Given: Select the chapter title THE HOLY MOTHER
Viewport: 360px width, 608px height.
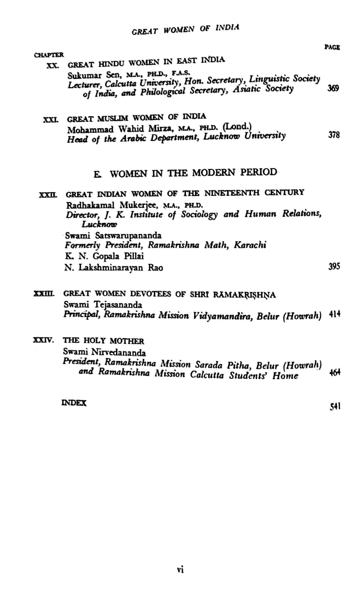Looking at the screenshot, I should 104,341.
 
